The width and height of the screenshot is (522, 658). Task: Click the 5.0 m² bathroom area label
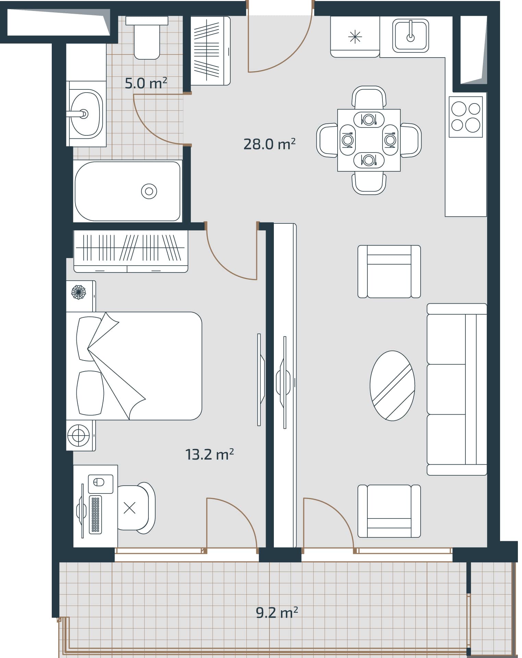pos(146,83)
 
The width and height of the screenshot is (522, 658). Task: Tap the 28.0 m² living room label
pos(269,144)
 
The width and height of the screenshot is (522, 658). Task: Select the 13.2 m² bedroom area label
pos(209,454)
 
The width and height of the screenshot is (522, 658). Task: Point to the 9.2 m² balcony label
pos(277,612)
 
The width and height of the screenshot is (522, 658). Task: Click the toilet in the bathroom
pos(147,38)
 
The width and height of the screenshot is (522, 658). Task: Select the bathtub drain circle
pos(149,191)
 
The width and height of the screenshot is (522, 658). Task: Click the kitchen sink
pos(411,35)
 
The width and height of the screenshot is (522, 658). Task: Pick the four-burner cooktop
pos(466,117)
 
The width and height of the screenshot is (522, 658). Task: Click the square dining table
pos(369,140)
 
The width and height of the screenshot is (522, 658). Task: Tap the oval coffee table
pos(392,386)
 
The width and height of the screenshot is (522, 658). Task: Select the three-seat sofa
pos(457,389)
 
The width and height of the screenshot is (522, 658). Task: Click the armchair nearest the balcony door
pos(389,511)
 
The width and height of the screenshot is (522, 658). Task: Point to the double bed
pos(134,366)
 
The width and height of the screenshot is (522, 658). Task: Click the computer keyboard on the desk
pos(95,514)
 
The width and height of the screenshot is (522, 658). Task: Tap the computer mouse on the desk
pos(99,483)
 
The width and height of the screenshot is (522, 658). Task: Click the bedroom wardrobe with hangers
pos(131,251)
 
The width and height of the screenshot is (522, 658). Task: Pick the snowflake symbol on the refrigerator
pos(355,37)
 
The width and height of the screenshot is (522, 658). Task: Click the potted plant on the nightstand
pos(78,292)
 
